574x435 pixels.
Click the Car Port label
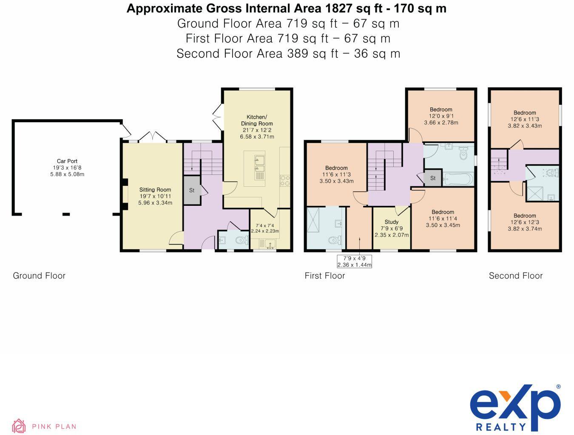[x=67, y=168]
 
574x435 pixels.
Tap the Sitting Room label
[x=155, y=196]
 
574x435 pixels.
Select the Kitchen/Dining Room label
[x=257, y=127]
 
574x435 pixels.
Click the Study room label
[x=391, y=228]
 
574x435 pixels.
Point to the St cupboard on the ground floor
[x=192, y=191]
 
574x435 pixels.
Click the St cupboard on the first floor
[x=433, y=178]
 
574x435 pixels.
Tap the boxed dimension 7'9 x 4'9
[x=354, y=261]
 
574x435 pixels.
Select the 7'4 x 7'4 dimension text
[x=264, y=228]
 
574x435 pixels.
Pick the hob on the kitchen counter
[x=284, y=180]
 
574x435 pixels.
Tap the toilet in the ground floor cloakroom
[x=241, y=241]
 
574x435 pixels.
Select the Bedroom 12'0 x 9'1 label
[x=441, y=116]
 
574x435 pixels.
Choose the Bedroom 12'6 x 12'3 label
[x=525, y=222]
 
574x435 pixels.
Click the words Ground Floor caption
[x=39, y=276]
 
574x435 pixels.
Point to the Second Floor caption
[x=516, y=276]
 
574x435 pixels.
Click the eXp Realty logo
[x=515, y=407]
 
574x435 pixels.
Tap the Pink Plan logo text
[x=54, y=426]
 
